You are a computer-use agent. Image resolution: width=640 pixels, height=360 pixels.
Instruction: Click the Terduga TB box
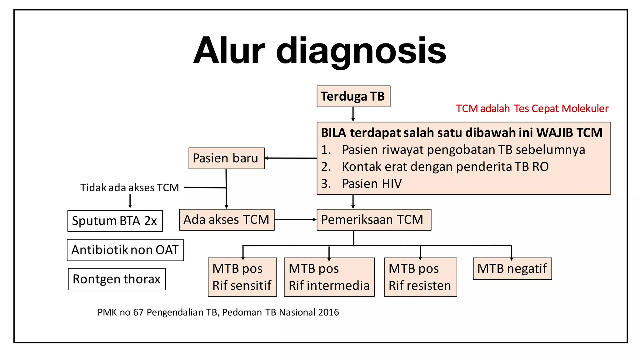(x=353, y=96)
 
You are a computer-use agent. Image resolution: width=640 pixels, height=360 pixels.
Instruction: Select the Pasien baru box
(x=226, y=158)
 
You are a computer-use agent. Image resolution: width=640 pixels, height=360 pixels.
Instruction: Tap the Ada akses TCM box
(x=227, y=220)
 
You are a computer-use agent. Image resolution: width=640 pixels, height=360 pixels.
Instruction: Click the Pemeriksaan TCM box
(x=373, y=220)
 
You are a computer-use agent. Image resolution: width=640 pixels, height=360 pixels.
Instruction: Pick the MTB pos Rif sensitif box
(x=242, y=277)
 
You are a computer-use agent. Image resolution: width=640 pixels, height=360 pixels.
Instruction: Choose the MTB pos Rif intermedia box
(x=329, y=277)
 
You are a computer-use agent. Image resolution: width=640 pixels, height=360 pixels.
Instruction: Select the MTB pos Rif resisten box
(x=420, y=277)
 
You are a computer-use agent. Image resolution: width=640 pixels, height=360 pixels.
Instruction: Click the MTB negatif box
(x=512, y=268)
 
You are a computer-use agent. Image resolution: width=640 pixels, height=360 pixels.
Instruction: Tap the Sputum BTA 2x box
(x=115, y=221)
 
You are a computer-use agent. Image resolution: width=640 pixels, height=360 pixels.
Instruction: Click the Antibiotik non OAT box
(x=125, y=250)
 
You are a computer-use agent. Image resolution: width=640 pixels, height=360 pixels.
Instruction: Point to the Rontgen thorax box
(x=117, y=279)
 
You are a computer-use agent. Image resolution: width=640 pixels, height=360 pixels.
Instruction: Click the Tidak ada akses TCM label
(x=129, y=187)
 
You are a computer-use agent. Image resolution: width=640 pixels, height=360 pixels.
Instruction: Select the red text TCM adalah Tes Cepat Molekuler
(x=532, y=108)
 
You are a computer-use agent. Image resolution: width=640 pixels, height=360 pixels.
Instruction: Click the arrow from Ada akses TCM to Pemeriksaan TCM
(x=295, y=220)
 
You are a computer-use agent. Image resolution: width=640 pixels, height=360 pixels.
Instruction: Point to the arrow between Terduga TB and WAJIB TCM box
(x=353, y=114)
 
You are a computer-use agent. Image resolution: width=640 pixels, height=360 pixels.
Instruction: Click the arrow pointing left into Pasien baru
(x=291, y=158)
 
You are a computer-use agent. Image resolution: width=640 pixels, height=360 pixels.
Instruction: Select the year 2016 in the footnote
(x=327, y=312)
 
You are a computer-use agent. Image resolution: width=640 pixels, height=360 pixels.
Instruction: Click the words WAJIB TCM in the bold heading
(x=569, y=133)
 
